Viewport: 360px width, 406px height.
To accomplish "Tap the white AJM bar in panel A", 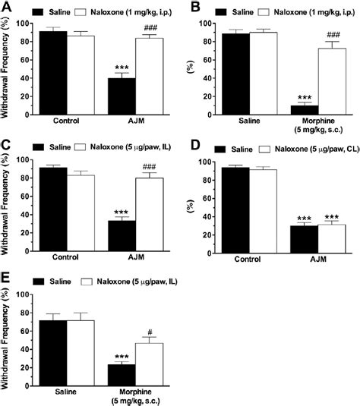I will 149,77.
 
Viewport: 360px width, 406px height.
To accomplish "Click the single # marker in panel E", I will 150,332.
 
